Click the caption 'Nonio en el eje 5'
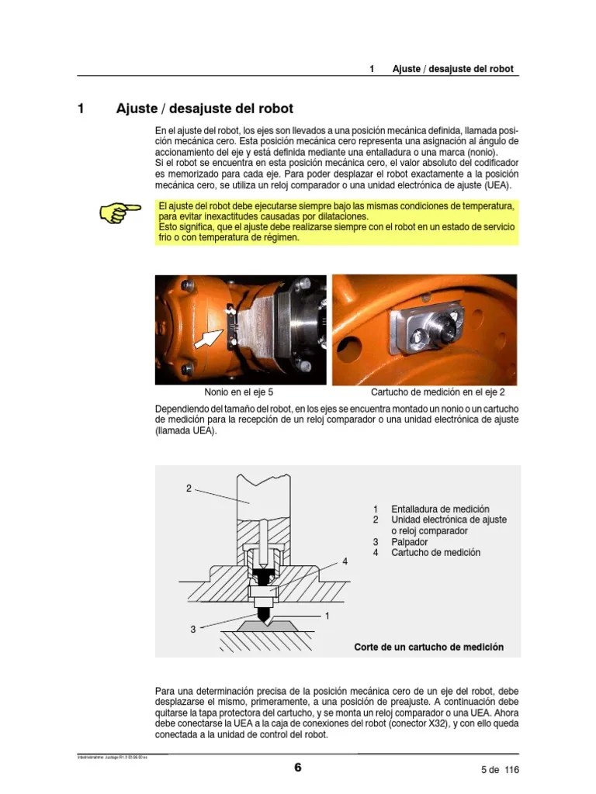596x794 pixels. [238, 392]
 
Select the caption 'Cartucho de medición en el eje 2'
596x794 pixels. [443, 392]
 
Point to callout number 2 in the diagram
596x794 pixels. [189, 488]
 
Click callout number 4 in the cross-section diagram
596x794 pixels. [345, 560]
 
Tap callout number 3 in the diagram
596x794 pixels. [193, 630]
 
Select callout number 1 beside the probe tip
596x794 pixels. [327, 616]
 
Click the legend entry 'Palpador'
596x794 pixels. [411, 542]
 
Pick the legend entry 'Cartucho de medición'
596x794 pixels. [435, 553]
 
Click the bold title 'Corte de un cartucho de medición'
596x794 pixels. [428, 647]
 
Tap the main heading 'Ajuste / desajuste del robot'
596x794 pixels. [204, 109]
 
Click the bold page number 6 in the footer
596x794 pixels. [297, 768]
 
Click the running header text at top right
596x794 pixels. [452, 68]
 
